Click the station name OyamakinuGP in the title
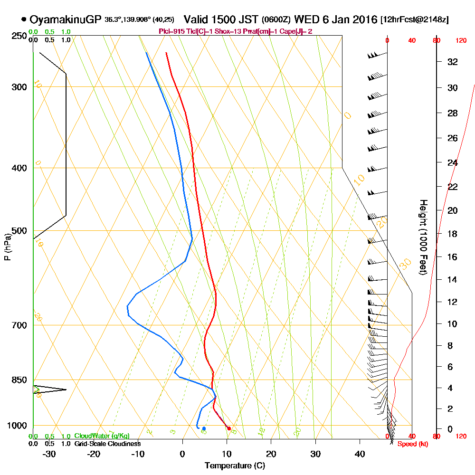66,19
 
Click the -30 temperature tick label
49,454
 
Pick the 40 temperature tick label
360,454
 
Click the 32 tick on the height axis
452,61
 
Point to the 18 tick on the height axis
452,233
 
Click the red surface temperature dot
229,428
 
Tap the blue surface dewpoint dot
204,428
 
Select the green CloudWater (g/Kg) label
102,436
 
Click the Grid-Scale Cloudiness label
107,444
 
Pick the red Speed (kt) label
410,444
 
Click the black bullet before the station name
24,19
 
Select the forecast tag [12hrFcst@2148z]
414,19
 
